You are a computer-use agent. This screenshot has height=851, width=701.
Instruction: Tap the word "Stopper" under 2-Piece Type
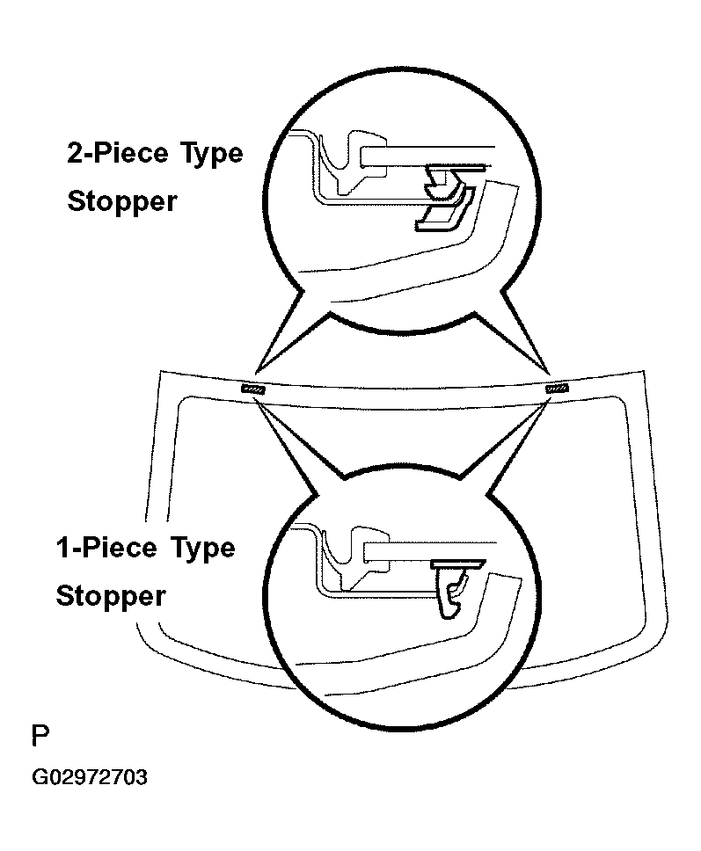tap(122, 201)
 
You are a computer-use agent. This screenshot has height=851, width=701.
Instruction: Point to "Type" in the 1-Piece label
tap(202, 549)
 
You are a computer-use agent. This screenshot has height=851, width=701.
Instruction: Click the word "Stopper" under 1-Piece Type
tap(111, 596)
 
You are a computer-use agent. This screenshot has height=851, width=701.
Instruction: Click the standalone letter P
tap(40, 735)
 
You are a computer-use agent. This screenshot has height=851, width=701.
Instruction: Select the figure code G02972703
tap(90, 777)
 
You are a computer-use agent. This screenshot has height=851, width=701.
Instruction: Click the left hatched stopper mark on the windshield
tap(253, 389)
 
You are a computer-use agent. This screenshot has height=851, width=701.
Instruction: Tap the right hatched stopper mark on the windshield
tap(557, 388)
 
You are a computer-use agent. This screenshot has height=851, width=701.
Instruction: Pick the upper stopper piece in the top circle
tap(444, 182)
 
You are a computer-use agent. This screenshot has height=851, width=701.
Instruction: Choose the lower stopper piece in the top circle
tap(445, 211)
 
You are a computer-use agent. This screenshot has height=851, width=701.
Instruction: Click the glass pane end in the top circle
tap(427, 156)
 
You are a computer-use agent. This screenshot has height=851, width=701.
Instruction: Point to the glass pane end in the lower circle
tap(430, 551)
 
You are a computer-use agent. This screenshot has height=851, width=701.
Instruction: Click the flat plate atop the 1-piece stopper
tap(457, 564)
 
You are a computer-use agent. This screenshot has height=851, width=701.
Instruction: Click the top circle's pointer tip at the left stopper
tap(255, 373)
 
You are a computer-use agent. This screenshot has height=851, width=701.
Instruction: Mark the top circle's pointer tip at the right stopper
tap(550, 375)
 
